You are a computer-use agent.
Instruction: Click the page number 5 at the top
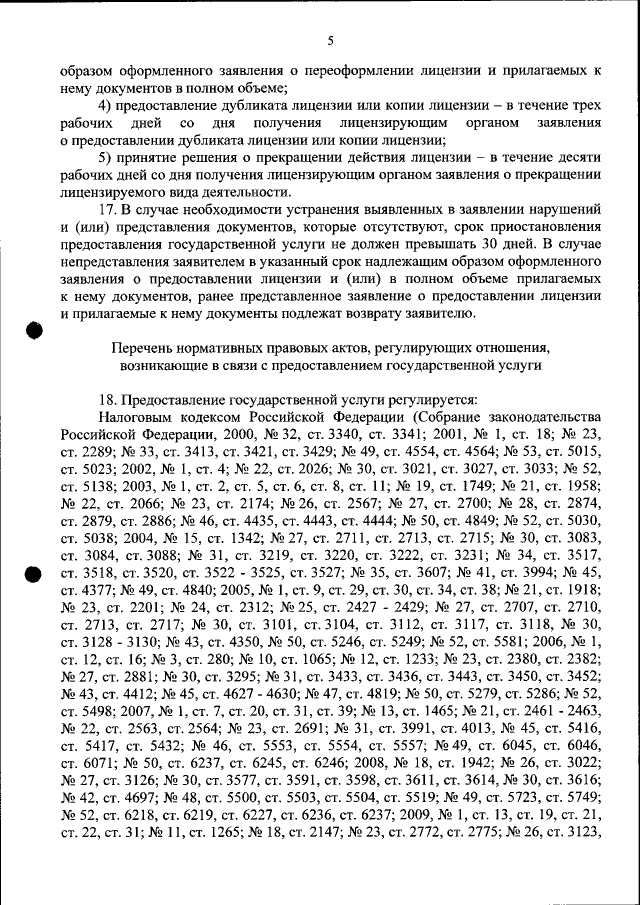pyautogui.click(x=331, y=41)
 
